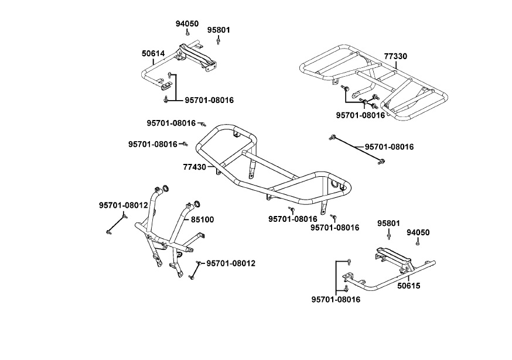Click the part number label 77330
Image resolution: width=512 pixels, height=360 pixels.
pyautogui.click(x=395, y=56)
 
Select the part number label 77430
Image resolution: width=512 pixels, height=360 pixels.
pyautogui.click(x=194, y=167)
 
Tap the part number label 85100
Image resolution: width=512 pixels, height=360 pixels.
pyautogui.click(x=202, y=220)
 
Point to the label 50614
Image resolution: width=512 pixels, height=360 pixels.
pyautogui.click(x=153, y=53)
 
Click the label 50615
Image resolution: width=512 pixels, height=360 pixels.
pyautogui.click(x=408, y=286)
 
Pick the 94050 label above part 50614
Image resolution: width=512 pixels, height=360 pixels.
pyautogui.click(x=187, y=24)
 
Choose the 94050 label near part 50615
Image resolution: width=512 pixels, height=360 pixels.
pyautogui.click(x=418, y=232)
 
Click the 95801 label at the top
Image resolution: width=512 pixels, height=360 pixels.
pyautogui.click(x=219, y=29)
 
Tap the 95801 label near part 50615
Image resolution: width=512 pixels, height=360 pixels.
pyautogui.click(x=388, y=224)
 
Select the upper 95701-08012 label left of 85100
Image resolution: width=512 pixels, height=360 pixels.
pyautogui.click(x=123, y=205)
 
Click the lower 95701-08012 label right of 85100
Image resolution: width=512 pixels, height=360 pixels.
pyautogui.click(x=231, y=263)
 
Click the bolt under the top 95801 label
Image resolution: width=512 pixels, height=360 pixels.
pyautogui.click(x=219, y=41)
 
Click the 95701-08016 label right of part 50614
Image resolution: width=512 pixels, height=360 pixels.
pyautogui.click(x=209, y=100)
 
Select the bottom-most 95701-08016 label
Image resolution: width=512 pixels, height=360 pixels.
pyautogui.click(x=336, y=299)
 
